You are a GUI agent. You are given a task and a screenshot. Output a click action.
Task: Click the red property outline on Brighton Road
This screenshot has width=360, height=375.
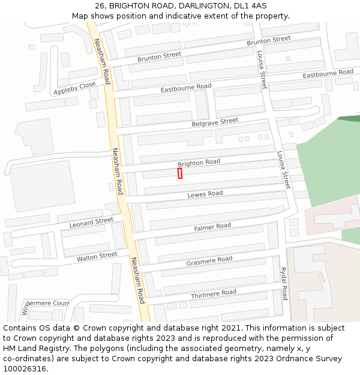[x=180, y=173]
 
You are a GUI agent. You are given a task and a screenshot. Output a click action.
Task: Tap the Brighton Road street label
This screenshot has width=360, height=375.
[x=199, y=163]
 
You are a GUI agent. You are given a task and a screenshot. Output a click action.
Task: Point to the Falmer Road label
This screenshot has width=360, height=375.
[x=212, y=227]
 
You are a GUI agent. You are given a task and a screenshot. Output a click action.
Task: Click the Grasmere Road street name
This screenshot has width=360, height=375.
[x=209, y=260]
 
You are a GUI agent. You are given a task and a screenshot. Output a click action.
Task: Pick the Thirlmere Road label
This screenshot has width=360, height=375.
[x=214, y=293]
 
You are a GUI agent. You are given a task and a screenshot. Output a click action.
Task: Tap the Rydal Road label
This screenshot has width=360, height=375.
[x=284, y=284]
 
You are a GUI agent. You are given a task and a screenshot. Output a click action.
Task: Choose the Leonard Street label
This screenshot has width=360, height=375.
[x=91, y=223]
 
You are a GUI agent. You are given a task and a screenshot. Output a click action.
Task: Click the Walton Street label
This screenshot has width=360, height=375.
[x=97, y=257]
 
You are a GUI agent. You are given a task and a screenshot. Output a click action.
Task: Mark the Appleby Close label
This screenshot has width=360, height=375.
[x=74, y=88]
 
